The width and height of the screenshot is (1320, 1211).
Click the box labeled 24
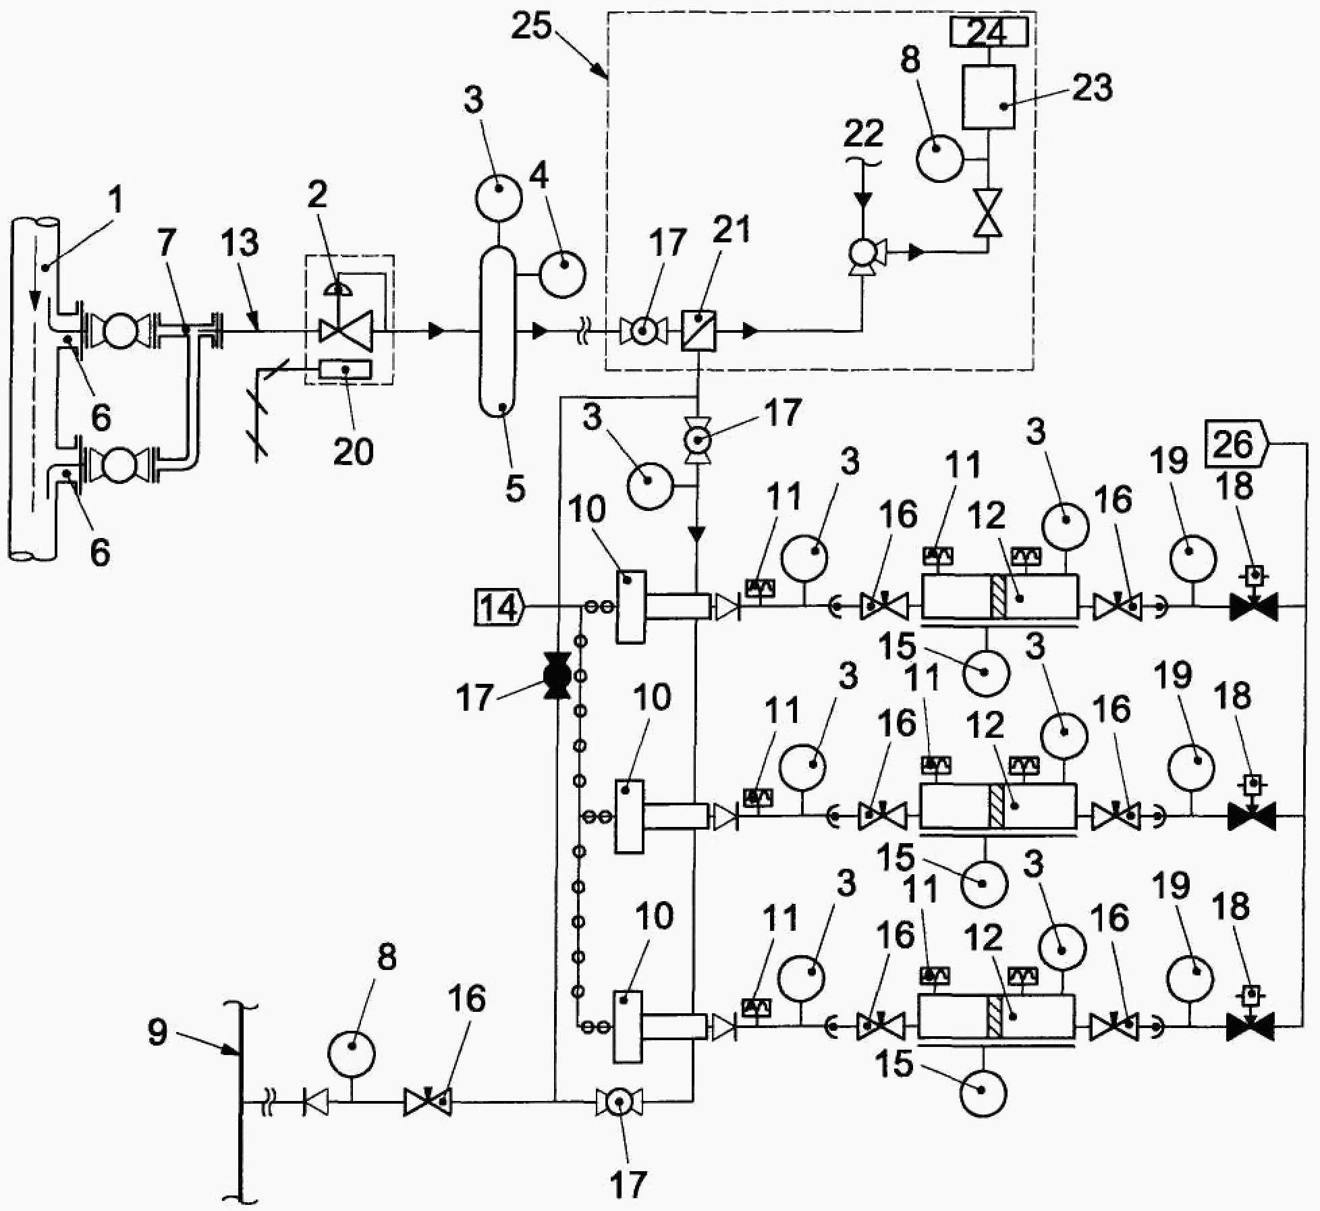point(989,32)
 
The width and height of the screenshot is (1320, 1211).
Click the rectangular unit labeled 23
point(989,97)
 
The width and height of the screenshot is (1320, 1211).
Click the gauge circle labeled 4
point(561,273)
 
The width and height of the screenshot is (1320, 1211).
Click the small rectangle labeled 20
point(346,369)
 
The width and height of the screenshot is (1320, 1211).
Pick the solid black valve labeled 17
point(555,675)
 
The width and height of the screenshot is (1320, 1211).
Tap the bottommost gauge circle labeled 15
point(982,1092)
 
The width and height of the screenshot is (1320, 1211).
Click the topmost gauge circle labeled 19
point(1192,559)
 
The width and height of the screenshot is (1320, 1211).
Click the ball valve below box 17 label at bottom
point(619,1103)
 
